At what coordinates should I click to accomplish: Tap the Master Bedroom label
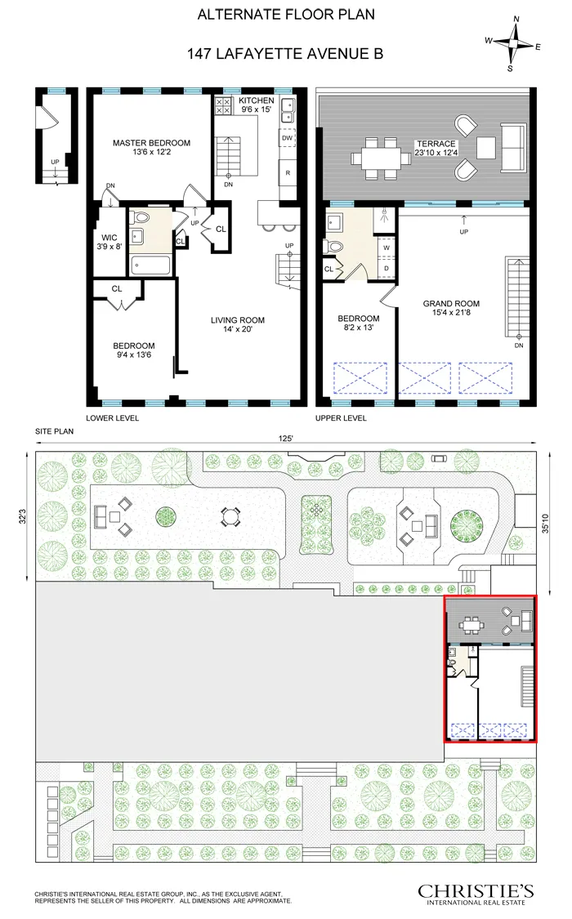[151, 148]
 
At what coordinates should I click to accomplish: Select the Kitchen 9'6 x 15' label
[256, 105]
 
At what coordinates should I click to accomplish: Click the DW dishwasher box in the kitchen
[287, 138]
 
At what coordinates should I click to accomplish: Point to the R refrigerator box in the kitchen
[287, 173]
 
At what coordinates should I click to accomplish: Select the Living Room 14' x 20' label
[237, 325]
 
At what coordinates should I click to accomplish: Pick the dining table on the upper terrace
[381, 155]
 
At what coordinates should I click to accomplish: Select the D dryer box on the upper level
[385, 267]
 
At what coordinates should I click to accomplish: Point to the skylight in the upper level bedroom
[360, 379]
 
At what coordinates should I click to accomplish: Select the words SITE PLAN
[55, 429]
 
